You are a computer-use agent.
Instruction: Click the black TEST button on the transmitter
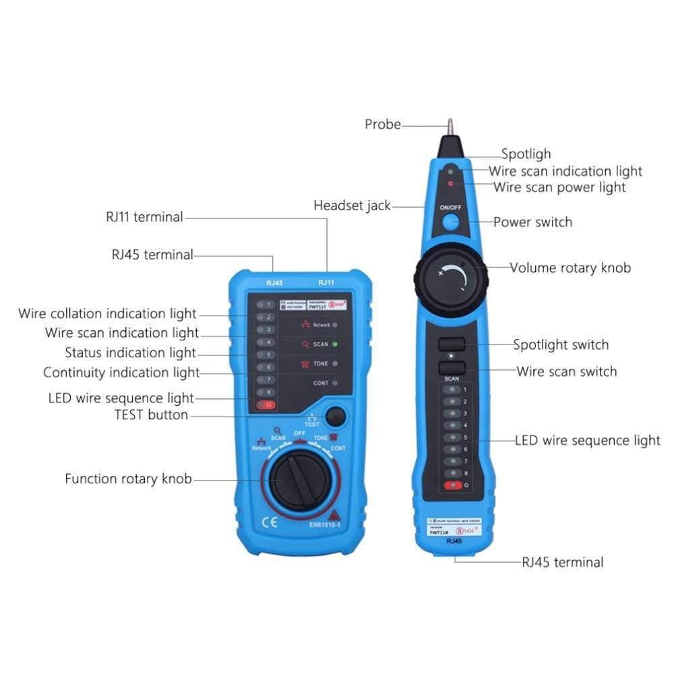335,417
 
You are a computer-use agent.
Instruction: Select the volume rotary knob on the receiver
450,274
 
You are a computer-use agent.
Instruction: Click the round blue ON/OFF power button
450,223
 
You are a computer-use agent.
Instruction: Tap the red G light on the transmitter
266,405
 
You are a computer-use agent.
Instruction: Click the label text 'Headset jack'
352,206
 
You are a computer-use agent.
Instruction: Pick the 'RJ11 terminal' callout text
144,217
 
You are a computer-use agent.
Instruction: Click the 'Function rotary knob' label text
128,479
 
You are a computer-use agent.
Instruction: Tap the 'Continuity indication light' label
121,373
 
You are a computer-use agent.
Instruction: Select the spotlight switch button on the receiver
452,344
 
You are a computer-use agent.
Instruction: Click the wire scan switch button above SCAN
452,368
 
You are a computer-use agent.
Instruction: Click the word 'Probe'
382,125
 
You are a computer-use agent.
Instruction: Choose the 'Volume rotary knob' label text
570,268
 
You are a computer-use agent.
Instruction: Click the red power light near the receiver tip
451,183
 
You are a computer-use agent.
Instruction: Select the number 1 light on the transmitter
266,305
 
